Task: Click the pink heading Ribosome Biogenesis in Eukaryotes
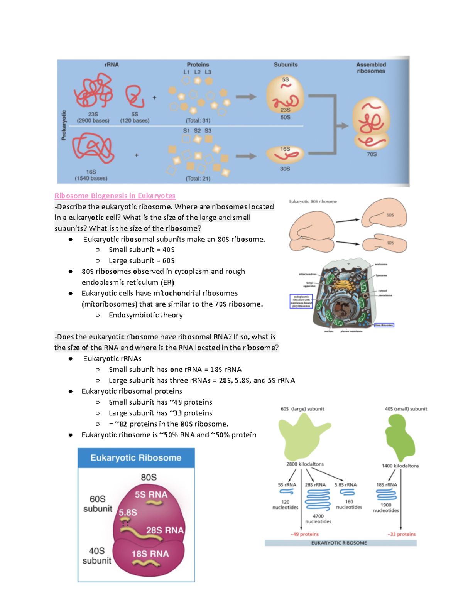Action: pyautogui.click(x=115, y=196)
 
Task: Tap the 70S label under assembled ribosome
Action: pyautogui.click(x=372, y=154)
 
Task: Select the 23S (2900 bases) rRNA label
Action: pyautogui.click(x=93, y=117)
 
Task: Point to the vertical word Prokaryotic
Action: pyautogui.click(x=64, y=125)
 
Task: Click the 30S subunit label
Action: pyautogui.click(x=285, y=169)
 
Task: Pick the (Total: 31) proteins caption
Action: pyautogui.click(x=198, y=120)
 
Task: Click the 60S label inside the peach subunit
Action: pyautogui.click(x=390, y=215)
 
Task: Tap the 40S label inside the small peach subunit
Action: pyautogui.click(x=390, y=243)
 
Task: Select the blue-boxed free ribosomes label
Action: pyautogui.click(x=384, y=325)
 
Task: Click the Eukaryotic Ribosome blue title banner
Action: pyautogui.click(x=136, y=458)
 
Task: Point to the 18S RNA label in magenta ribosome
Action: pyautogui.click(x=150, y=554)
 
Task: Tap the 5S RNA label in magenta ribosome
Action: pyautogui.click(x=151, y=494)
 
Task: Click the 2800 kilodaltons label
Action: pyautogui.click(x=305, y=464)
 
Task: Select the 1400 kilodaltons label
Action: pyautogui.click(x=400, y=466)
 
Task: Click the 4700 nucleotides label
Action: pyautogui.click(x=318, y=519)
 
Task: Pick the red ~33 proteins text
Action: pyautogui.click(x=401, y=534)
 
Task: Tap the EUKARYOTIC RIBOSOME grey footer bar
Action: pyautogui.click(x=340, y=543)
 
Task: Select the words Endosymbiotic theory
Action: pyautogui.click(x=145, y=315)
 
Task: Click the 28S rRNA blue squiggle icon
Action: pyautogui.click(x=318, y=499)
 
